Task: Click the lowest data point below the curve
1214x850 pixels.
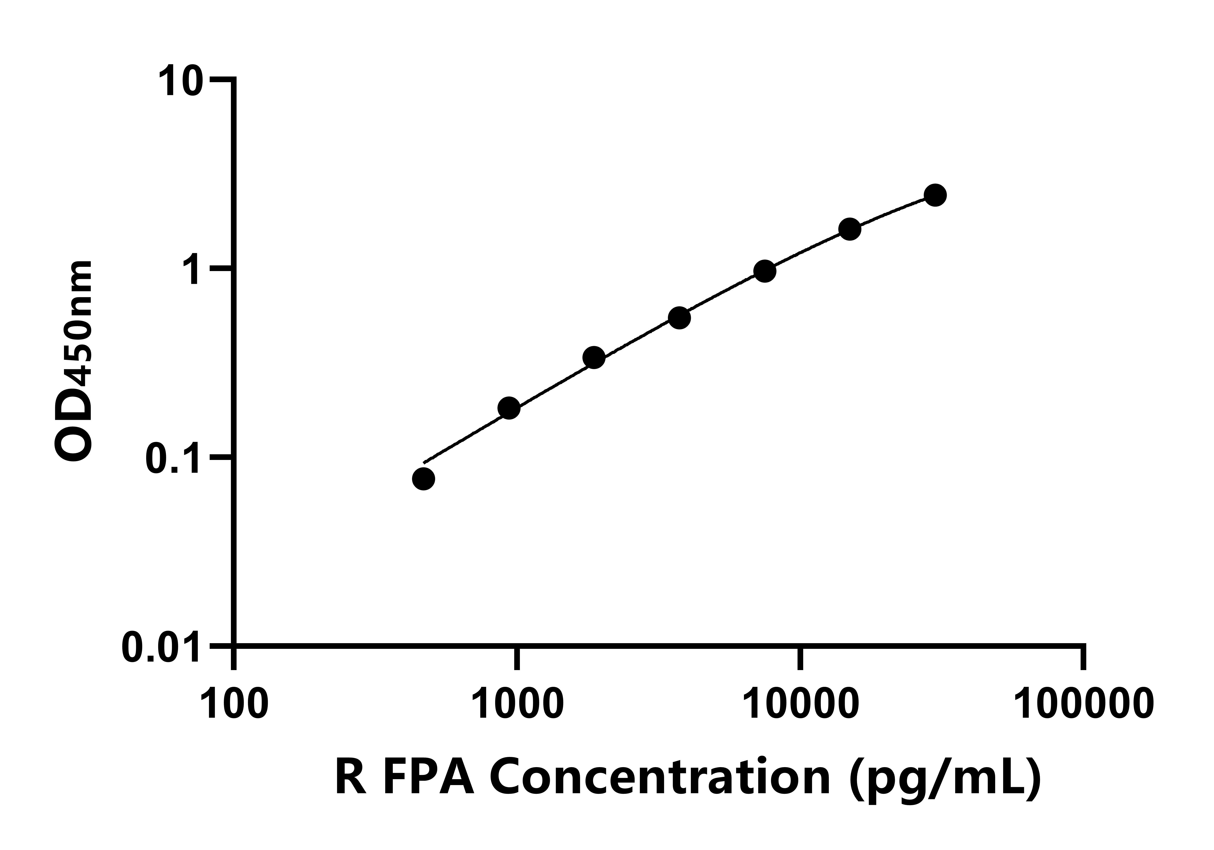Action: point(424,479)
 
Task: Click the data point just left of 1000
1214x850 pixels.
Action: point(509,408)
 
